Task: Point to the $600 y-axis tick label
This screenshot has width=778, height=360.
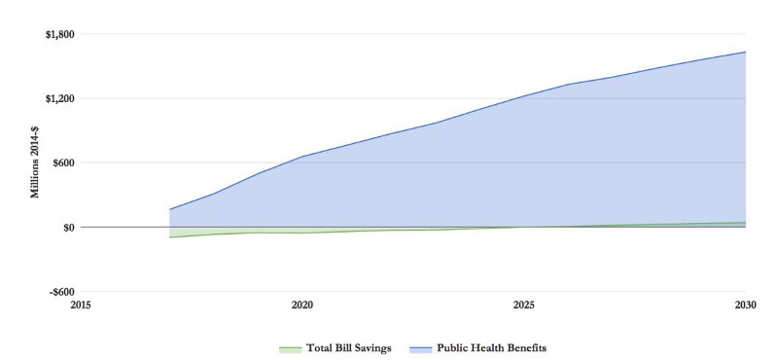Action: [61, 162]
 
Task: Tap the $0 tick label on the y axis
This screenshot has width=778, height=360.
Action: [66, 227]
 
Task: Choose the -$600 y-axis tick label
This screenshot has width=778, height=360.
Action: [59, 291]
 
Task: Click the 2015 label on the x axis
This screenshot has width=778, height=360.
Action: [81, 305]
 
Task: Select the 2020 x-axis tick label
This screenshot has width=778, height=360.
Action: [302, 305]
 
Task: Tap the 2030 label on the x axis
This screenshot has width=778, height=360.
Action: [745, 305]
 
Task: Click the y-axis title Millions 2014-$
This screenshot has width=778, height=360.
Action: [35, 162]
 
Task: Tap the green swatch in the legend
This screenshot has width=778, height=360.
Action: [290, 347]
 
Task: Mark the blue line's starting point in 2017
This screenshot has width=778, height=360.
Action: [169, 209]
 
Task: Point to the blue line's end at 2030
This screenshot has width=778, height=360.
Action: [746, 52]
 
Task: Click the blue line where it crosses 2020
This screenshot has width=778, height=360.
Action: [302, 156]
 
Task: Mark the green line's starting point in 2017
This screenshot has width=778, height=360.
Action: [169, 237]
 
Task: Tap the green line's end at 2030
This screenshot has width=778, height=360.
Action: [746, 222]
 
